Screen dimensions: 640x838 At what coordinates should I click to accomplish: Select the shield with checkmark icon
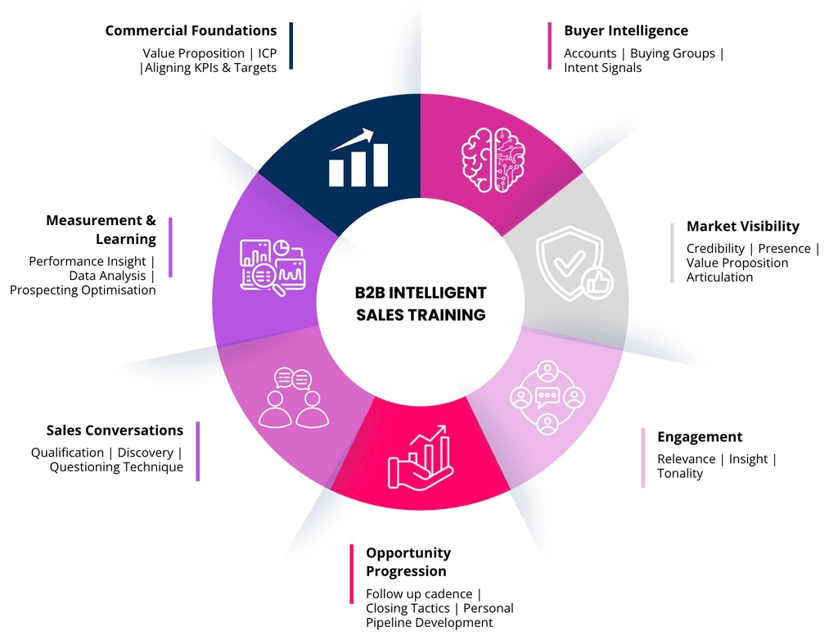(x=572, y=263)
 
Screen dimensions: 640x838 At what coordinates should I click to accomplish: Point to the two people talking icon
(x=293, y=398)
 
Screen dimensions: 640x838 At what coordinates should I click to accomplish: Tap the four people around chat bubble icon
(x=547, y=398)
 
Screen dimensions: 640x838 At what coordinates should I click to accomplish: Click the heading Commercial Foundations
(x=191, y=31)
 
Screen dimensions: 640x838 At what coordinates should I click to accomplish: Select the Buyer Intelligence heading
(x=626, y=31)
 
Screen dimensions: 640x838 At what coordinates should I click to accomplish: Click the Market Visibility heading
(x=742, y=227)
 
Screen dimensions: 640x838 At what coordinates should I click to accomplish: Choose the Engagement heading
(x=700, y=437)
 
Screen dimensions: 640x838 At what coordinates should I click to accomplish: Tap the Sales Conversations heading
(x=115, y=430)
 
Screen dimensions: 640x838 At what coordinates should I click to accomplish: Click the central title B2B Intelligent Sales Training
(x=421, y=304)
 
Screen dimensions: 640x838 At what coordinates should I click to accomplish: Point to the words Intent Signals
(x=602, y=68)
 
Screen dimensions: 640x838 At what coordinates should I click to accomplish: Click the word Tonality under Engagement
(x=679, y=474)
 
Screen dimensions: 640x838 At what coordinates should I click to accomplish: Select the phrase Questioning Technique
(x=116, y=467)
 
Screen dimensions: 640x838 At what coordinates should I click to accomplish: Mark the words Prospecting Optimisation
(x=83, y=291)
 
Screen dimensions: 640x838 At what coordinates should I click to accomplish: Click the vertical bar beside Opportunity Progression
(x=351, y=586)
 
